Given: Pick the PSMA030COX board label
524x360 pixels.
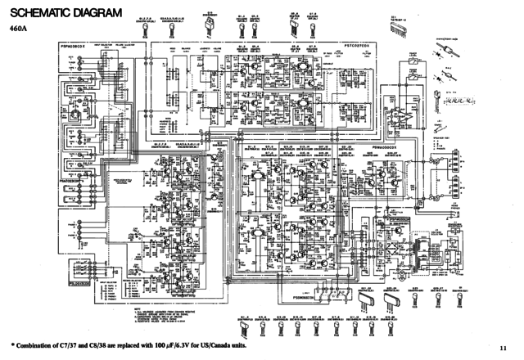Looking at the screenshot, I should (389, 139).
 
